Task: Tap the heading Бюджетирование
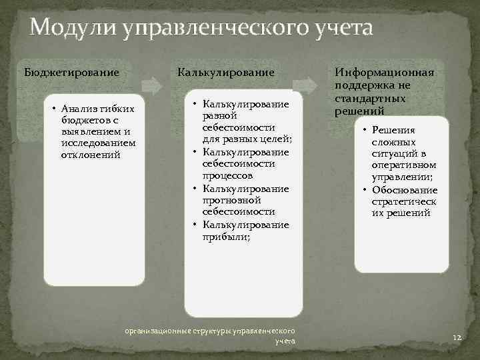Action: coord(71,71)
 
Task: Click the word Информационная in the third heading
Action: coord(384,72)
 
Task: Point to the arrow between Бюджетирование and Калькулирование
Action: coord(153,85)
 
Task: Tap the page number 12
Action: coord(457,339)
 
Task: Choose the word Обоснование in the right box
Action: coord(403,190)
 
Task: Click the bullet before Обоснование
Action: coord(365,190)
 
